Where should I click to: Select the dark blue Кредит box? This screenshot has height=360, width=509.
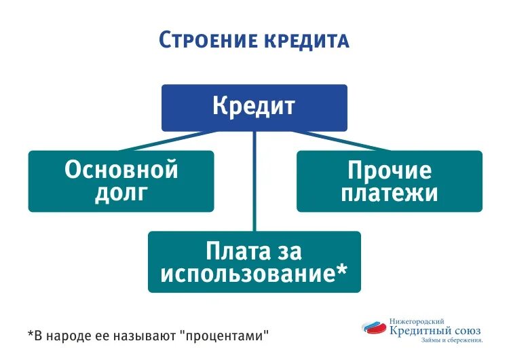tap(254, 107)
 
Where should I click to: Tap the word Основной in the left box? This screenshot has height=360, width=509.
tap(121, 170)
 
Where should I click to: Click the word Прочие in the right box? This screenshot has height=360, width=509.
tap(389, 170)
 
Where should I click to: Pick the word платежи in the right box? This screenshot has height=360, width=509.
tap(389, 194)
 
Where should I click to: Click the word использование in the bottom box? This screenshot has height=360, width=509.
tap(244, 274)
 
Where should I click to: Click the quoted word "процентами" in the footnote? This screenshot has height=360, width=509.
tap(223, 336)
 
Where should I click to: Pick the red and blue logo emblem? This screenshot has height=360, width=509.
tap(375, 328)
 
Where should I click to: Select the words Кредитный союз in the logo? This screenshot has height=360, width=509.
tap(435, 329)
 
